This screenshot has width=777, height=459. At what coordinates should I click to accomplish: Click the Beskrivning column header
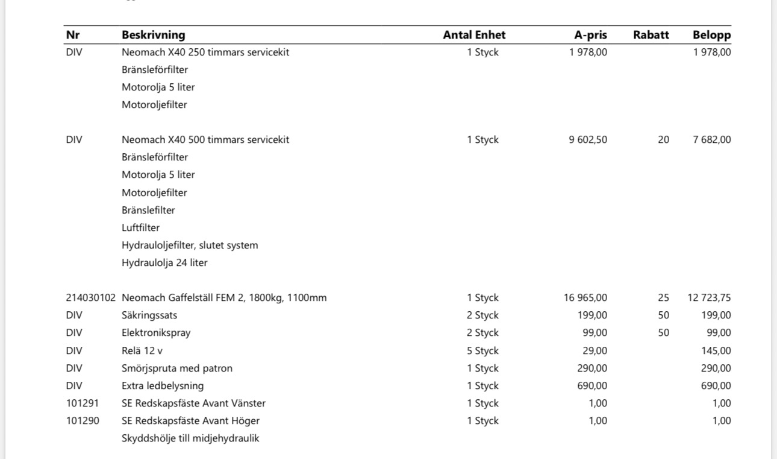tap(153, 35)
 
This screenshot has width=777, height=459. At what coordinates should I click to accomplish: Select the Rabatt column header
tap(651, 35)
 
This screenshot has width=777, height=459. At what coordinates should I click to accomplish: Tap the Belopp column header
tap(711, 35)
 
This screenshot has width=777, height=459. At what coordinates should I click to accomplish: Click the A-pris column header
tap(590, 35)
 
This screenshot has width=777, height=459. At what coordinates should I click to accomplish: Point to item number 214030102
tap(90, 298)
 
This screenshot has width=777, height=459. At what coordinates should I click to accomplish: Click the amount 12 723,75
tap(709, 298)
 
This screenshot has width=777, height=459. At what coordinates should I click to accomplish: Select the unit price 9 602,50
tap(588, 140)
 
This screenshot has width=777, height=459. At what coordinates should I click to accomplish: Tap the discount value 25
tap(663, 298)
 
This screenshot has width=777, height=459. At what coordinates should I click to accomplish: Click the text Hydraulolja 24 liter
tap(164, 263)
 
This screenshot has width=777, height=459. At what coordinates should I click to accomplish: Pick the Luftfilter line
tap(140, 228)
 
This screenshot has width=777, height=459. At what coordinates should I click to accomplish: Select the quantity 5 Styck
tap(482, 351)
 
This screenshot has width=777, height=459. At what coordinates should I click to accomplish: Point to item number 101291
tap(83, 404)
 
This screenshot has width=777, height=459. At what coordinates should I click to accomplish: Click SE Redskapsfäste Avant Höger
tap(190, 421)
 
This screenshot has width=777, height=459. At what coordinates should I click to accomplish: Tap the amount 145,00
tap(716, 351)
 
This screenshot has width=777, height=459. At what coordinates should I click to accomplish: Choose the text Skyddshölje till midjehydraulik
tap(190, 438)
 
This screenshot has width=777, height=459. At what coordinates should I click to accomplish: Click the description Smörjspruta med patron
tap(177, 369)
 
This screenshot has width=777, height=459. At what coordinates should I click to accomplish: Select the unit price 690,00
tap(592, 386)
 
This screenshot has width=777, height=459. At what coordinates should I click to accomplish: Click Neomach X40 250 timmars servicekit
tap(205, 52)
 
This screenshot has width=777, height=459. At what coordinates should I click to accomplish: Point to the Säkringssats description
tap(149, 315)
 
